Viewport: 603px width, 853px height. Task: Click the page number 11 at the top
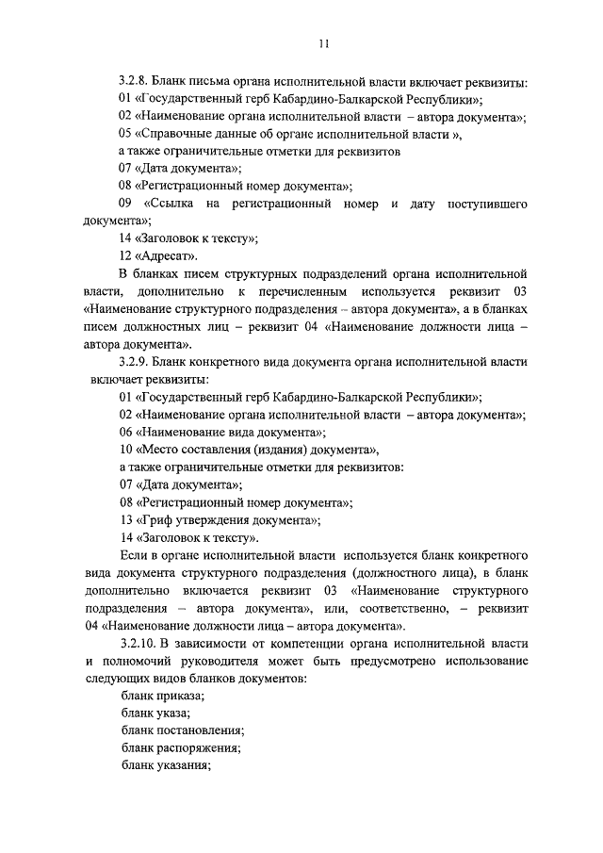pos(323,42)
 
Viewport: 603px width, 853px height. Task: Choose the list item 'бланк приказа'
pos(162,695)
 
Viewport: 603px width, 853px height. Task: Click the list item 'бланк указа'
pos(155,713)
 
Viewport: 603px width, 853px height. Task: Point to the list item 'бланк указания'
pos(165,766)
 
